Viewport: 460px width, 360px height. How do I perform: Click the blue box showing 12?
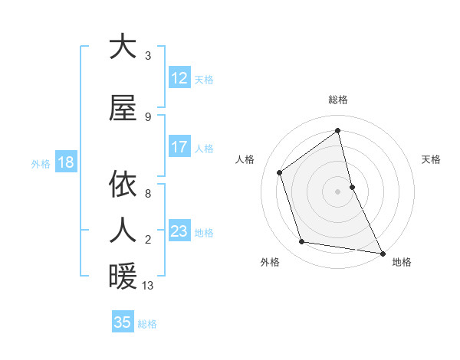click(179, 78)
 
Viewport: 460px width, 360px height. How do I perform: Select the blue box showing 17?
click(179, 147)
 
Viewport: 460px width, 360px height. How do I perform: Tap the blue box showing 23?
click(179, 231)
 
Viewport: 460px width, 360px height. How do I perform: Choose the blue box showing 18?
click(65, 162)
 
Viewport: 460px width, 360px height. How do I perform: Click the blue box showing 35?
click(123, 322)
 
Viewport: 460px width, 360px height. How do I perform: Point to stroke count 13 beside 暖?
click(148, 286)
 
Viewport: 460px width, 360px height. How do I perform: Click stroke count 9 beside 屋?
click(148, 116)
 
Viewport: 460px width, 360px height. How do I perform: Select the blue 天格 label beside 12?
click(204, 79)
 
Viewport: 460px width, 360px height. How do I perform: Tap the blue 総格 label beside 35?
click(147, 323)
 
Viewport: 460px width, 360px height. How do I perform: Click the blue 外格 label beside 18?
click(40, 163)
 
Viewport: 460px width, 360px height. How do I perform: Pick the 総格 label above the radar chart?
click(338, 100)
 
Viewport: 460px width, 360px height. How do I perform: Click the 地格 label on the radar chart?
click(402, 263)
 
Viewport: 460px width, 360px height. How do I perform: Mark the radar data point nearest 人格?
click(280, 172)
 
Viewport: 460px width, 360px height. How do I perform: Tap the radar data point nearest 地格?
click(382, 252)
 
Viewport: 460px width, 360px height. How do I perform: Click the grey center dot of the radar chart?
click(338, 191)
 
